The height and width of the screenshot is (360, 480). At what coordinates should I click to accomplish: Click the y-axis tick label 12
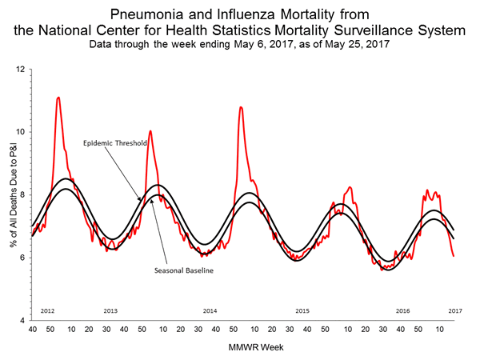(x=21, y=70)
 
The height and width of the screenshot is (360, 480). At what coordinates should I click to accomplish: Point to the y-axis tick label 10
(x=21, y=132)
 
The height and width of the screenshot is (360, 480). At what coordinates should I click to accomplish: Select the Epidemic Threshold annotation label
(x=114, y=144)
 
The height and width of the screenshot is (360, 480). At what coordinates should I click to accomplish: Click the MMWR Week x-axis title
(x=243, y=347)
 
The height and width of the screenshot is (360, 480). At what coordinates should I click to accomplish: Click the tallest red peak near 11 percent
(x=58, y=98)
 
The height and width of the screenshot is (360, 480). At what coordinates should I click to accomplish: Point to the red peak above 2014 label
(x=241, y=107)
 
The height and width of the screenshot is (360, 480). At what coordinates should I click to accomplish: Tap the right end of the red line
(x=454, y=256)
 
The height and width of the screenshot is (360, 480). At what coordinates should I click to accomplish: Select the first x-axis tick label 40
(x=32, y=329)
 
